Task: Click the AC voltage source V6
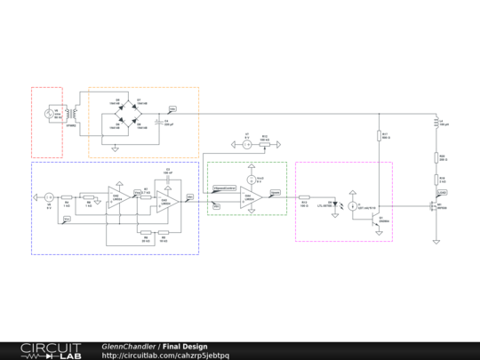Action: (51, 113)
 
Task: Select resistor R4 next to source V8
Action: (67, 196)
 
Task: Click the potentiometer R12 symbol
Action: (264, 143)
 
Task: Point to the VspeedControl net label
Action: (224, 188)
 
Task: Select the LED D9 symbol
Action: (332, 203)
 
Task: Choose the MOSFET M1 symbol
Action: (436, 209)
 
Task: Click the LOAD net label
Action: (442, 191)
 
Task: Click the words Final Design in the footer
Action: (186, 346)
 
